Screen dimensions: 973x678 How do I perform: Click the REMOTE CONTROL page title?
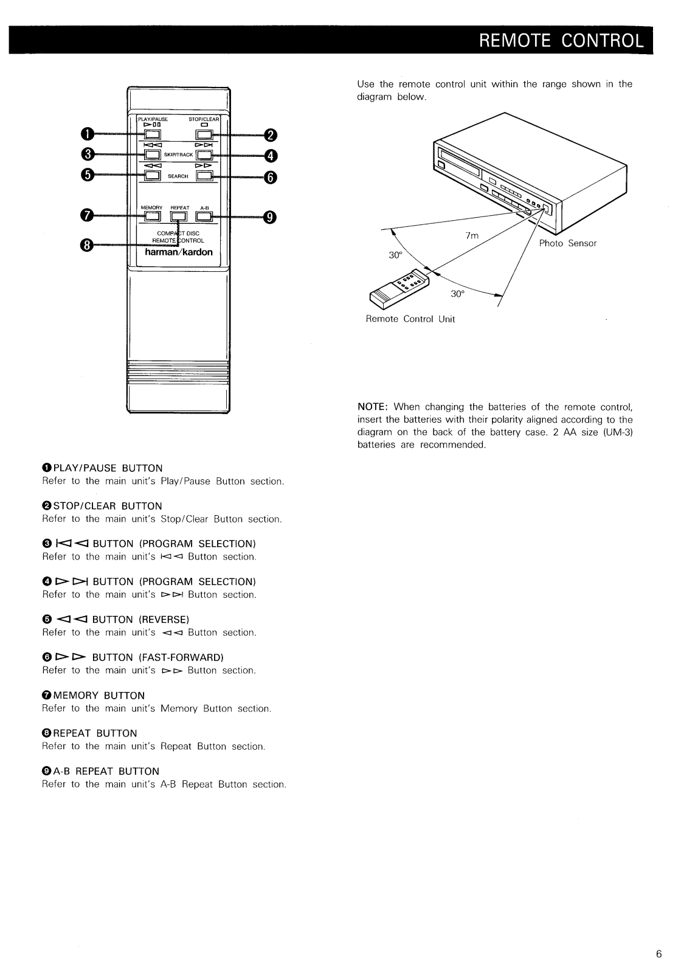561,41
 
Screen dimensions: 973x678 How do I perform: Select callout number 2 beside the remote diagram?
270,135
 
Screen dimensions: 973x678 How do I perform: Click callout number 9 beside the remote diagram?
270,217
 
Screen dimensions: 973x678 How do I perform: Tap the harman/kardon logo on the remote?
178,252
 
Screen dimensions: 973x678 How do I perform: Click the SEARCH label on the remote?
178,176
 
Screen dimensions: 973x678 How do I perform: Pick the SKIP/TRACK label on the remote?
178,155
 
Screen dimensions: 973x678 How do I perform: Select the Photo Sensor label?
568,243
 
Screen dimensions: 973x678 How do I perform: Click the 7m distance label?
472,236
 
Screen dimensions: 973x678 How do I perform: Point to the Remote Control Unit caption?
410,319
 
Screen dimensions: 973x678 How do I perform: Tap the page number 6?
659,954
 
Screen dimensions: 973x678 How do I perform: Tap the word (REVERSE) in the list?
164,620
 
